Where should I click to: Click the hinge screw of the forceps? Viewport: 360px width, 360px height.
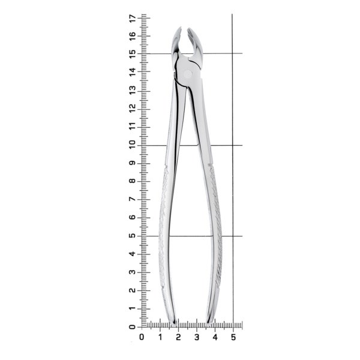point(188,74)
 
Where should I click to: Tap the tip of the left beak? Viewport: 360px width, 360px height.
point(181,27)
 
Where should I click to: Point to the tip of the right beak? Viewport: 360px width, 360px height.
point(188,28)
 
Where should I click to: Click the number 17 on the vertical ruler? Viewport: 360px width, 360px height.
point(133,18)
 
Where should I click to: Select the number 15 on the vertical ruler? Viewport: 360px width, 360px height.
point(133,54)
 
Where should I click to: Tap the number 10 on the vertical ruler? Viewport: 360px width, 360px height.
point(133,145)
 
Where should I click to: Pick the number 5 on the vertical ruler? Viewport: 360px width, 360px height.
point(133,236)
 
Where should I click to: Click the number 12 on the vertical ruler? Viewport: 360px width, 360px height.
point(133,109)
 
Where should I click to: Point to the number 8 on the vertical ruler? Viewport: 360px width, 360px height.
point(133,181)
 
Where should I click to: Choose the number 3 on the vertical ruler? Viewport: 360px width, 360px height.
point(133,272)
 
